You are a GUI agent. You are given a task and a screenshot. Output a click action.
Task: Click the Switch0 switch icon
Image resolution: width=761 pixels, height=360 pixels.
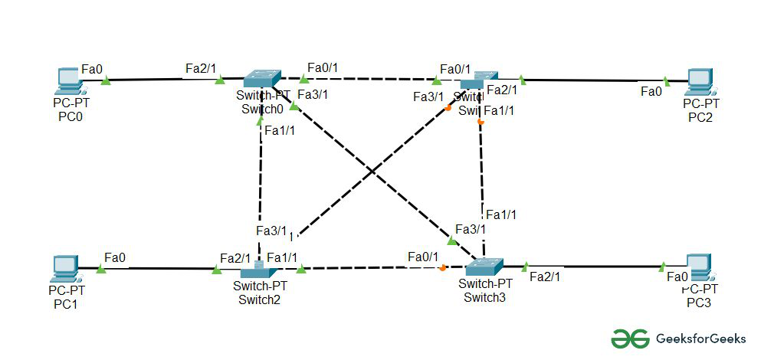[263, 78]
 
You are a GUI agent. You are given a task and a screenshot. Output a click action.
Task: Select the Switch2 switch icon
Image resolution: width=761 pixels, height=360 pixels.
[258, 270]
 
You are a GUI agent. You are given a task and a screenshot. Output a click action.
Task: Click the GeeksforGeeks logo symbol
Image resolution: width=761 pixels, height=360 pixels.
[630, 338]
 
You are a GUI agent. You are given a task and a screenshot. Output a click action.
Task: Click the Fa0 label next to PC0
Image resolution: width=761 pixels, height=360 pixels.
[92, 70]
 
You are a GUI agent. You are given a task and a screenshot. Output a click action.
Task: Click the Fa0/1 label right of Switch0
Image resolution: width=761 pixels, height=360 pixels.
[322, 68]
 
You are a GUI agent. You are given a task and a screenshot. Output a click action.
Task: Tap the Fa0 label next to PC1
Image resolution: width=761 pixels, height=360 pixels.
[115, 257]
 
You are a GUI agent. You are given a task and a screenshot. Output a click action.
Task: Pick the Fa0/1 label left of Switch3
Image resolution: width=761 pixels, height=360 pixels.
[423, 257]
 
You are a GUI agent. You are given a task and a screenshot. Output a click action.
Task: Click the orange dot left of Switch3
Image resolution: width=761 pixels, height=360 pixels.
[442, 268]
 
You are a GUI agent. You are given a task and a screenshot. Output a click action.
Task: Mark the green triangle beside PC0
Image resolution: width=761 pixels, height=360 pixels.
[106, 80]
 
